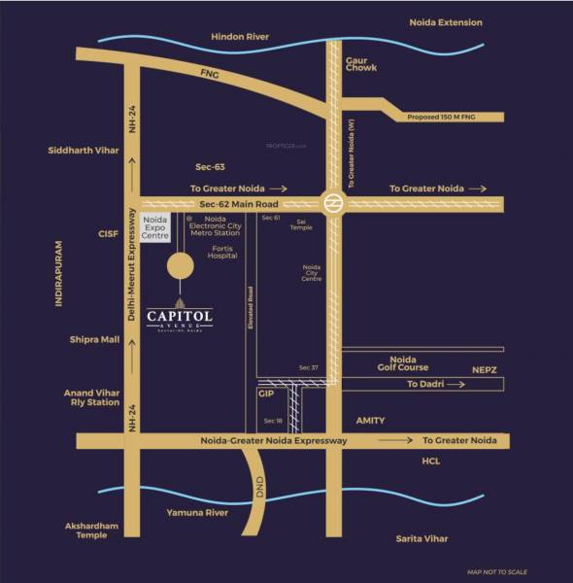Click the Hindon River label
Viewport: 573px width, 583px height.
click(240, 37)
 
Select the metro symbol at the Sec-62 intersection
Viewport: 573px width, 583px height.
click(332, 203)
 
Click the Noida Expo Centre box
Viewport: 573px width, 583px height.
click(157, 230)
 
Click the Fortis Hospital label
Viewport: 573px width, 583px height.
click(223, 252)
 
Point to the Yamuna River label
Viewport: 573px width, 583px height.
click(196, 511)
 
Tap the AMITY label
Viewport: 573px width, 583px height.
click(370, 421)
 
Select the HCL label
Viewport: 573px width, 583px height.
click(431, 462)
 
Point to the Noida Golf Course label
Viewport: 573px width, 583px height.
click(402, 363)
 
